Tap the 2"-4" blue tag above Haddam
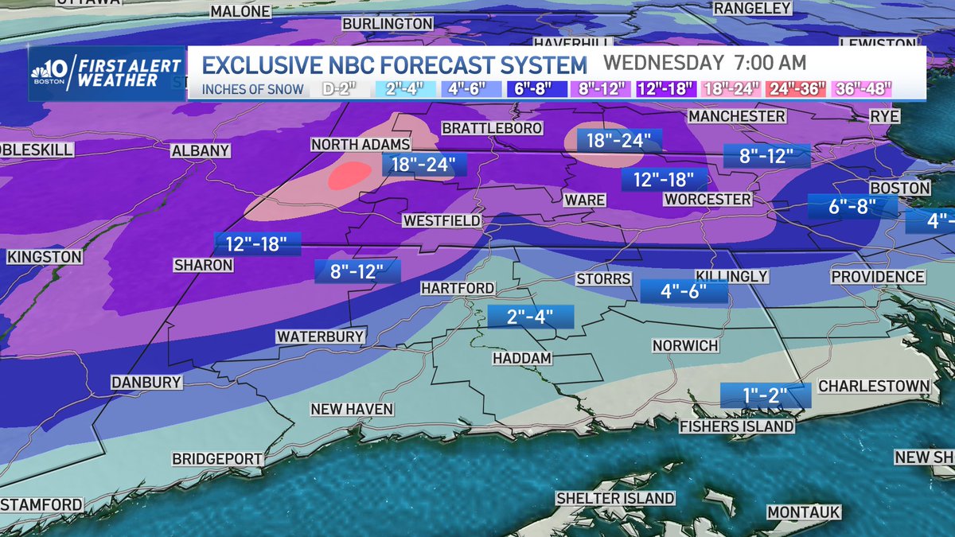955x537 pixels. [x=531, y=317]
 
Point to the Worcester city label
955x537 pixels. [x=707, y=198]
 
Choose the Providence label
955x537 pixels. [x=878, y=277]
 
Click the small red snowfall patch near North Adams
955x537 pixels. [x=349, y=174]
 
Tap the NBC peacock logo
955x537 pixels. [x=44, y=72]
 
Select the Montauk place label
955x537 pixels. [x=804, y=512]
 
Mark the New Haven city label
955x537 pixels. [x=352, y=409]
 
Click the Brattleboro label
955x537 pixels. [x=492, y=128]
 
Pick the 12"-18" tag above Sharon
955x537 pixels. [x=257, y=243]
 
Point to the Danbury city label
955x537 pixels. [x=146, y=382]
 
